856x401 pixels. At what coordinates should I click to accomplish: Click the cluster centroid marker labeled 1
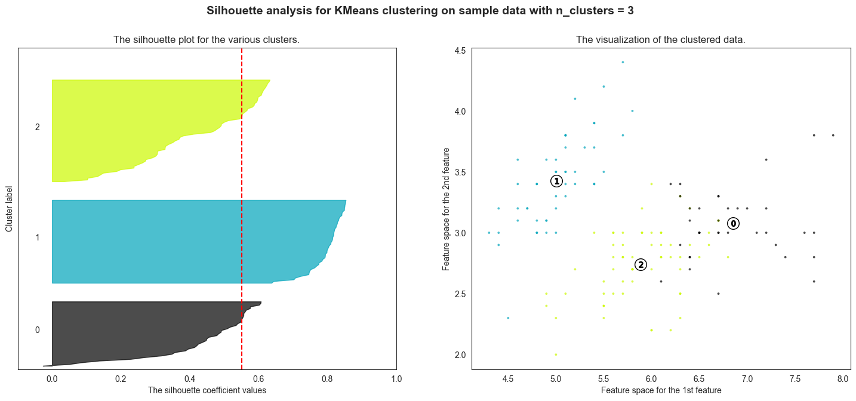[556, 181]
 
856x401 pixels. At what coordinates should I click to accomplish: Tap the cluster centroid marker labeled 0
[734, 223]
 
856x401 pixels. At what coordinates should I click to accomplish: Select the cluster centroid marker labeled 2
[641, 265]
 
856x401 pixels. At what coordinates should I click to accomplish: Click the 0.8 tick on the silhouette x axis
[327, 378]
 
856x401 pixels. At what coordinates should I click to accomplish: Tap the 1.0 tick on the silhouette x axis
[396, 378]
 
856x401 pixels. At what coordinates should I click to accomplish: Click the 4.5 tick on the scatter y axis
[460, 51]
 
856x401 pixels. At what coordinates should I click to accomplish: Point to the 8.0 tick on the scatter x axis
[842, 378]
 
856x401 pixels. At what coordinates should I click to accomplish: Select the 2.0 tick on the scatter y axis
[460, 355]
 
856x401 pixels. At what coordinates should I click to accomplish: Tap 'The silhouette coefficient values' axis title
[207, 390]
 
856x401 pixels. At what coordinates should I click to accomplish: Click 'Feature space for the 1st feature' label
[661, 390]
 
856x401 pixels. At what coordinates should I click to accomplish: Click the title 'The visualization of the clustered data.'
[660, 40]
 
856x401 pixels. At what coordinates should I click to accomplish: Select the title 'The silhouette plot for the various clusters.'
[207, 40]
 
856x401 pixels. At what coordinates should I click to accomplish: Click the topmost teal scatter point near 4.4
[623, 62]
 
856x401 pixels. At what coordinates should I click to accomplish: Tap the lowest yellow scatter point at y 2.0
[556, 354]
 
